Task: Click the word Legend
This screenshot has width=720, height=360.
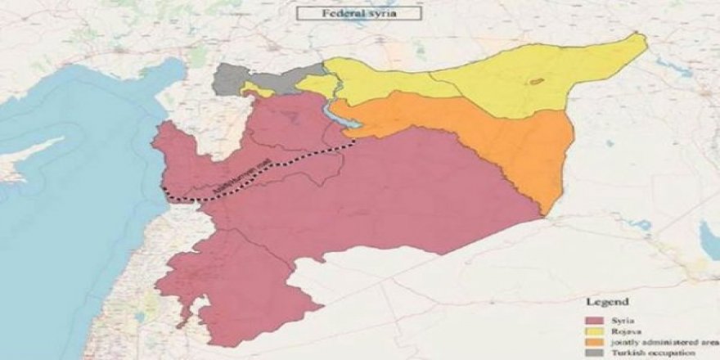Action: [x=610, y=300]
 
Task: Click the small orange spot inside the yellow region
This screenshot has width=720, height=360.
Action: [x=537, y=81]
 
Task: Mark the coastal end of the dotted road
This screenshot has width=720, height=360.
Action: [x=164, y=193]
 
